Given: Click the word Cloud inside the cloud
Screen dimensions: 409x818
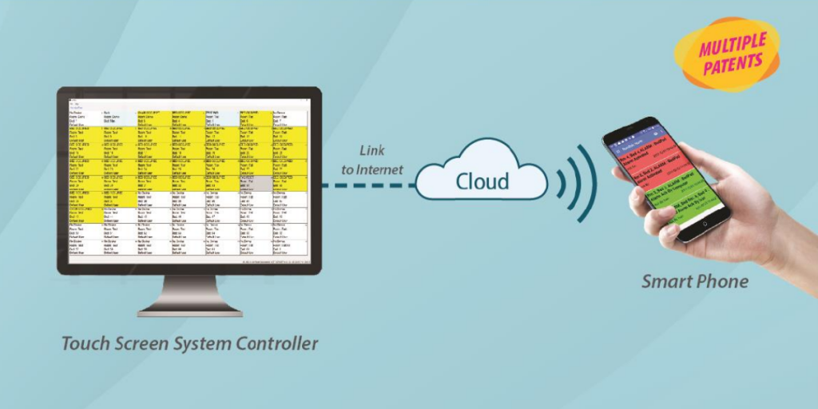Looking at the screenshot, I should [482, 181].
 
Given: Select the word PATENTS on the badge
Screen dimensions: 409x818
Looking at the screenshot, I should [733, 65].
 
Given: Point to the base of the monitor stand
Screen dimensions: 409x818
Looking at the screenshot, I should [189, 307].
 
